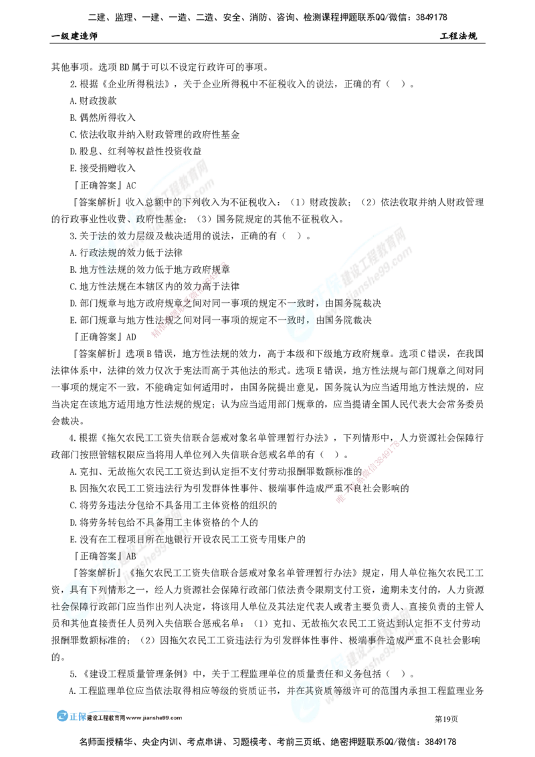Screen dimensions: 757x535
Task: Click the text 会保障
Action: [74, 607]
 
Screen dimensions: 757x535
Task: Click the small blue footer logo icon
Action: [62, 716]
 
